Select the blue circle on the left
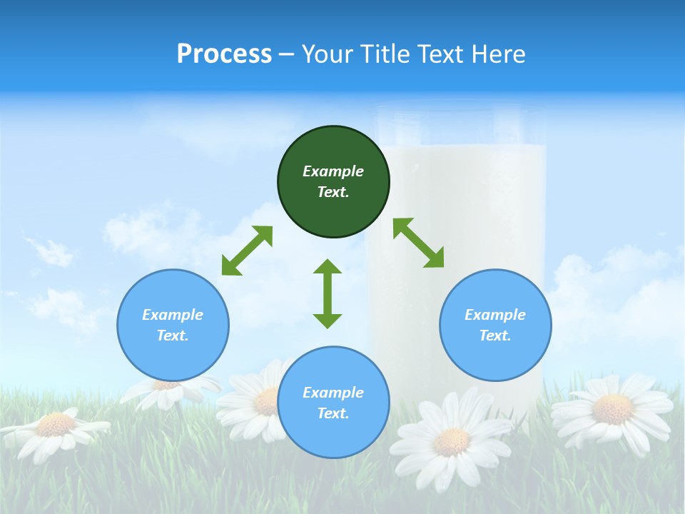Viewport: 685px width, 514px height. (173, 325)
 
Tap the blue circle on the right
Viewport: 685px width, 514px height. (495, 325)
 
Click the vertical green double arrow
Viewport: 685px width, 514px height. (328, 293)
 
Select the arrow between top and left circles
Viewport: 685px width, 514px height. (247, 251)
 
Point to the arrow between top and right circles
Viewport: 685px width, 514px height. (418, 243)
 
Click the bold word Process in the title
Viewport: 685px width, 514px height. (224, 54)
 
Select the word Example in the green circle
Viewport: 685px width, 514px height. (333, 171)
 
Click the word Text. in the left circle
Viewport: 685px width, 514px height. (173, 336)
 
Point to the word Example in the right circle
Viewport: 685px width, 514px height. (495, 315)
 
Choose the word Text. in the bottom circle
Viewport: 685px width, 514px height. (333, 413)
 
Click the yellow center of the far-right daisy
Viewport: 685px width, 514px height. (612, 408)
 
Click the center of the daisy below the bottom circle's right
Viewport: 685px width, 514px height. (451, 441)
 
